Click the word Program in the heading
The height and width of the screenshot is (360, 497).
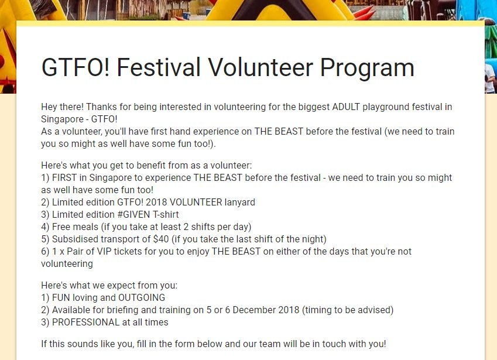[367, 68]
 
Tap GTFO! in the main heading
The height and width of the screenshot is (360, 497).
[76, 67]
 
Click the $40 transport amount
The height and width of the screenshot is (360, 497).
[161, 239]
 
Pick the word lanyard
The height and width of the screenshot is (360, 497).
[239, 203]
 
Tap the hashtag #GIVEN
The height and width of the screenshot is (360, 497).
[133, 215]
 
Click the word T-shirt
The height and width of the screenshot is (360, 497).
[166, 215]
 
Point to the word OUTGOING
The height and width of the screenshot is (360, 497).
[142, 297]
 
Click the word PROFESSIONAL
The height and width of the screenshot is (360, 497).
[85, 323]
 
